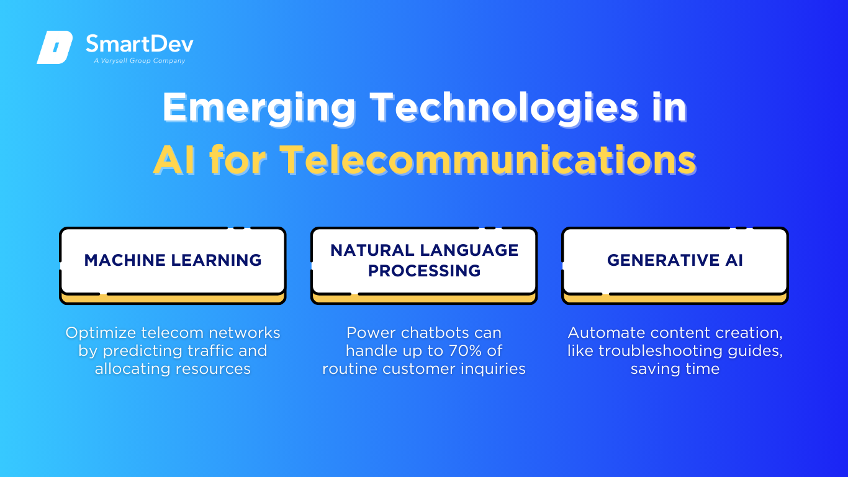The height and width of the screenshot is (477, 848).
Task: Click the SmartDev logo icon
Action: (55, 47)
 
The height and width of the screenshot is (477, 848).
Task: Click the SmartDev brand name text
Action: (140, 43)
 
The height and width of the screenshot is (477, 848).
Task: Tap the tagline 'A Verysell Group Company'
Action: (140, 61)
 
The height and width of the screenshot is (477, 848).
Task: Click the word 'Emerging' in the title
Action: (259, 108)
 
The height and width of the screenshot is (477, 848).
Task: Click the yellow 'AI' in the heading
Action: (175, 160)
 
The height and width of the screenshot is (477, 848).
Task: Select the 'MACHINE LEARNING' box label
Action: (173, 260)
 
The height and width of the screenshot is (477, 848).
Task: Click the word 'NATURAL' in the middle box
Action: (372, 250)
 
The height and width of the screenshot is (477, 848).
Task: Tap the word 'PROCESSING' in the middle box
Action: (424, 271)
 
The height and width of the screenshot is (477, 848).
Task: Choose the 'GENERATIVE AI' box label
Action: (675, 260)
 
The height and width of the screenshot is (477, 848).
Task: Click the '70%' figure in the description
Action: (465, 351)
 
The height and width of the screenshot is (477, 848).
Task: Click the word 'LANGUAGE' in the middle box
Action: (469, 250)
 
